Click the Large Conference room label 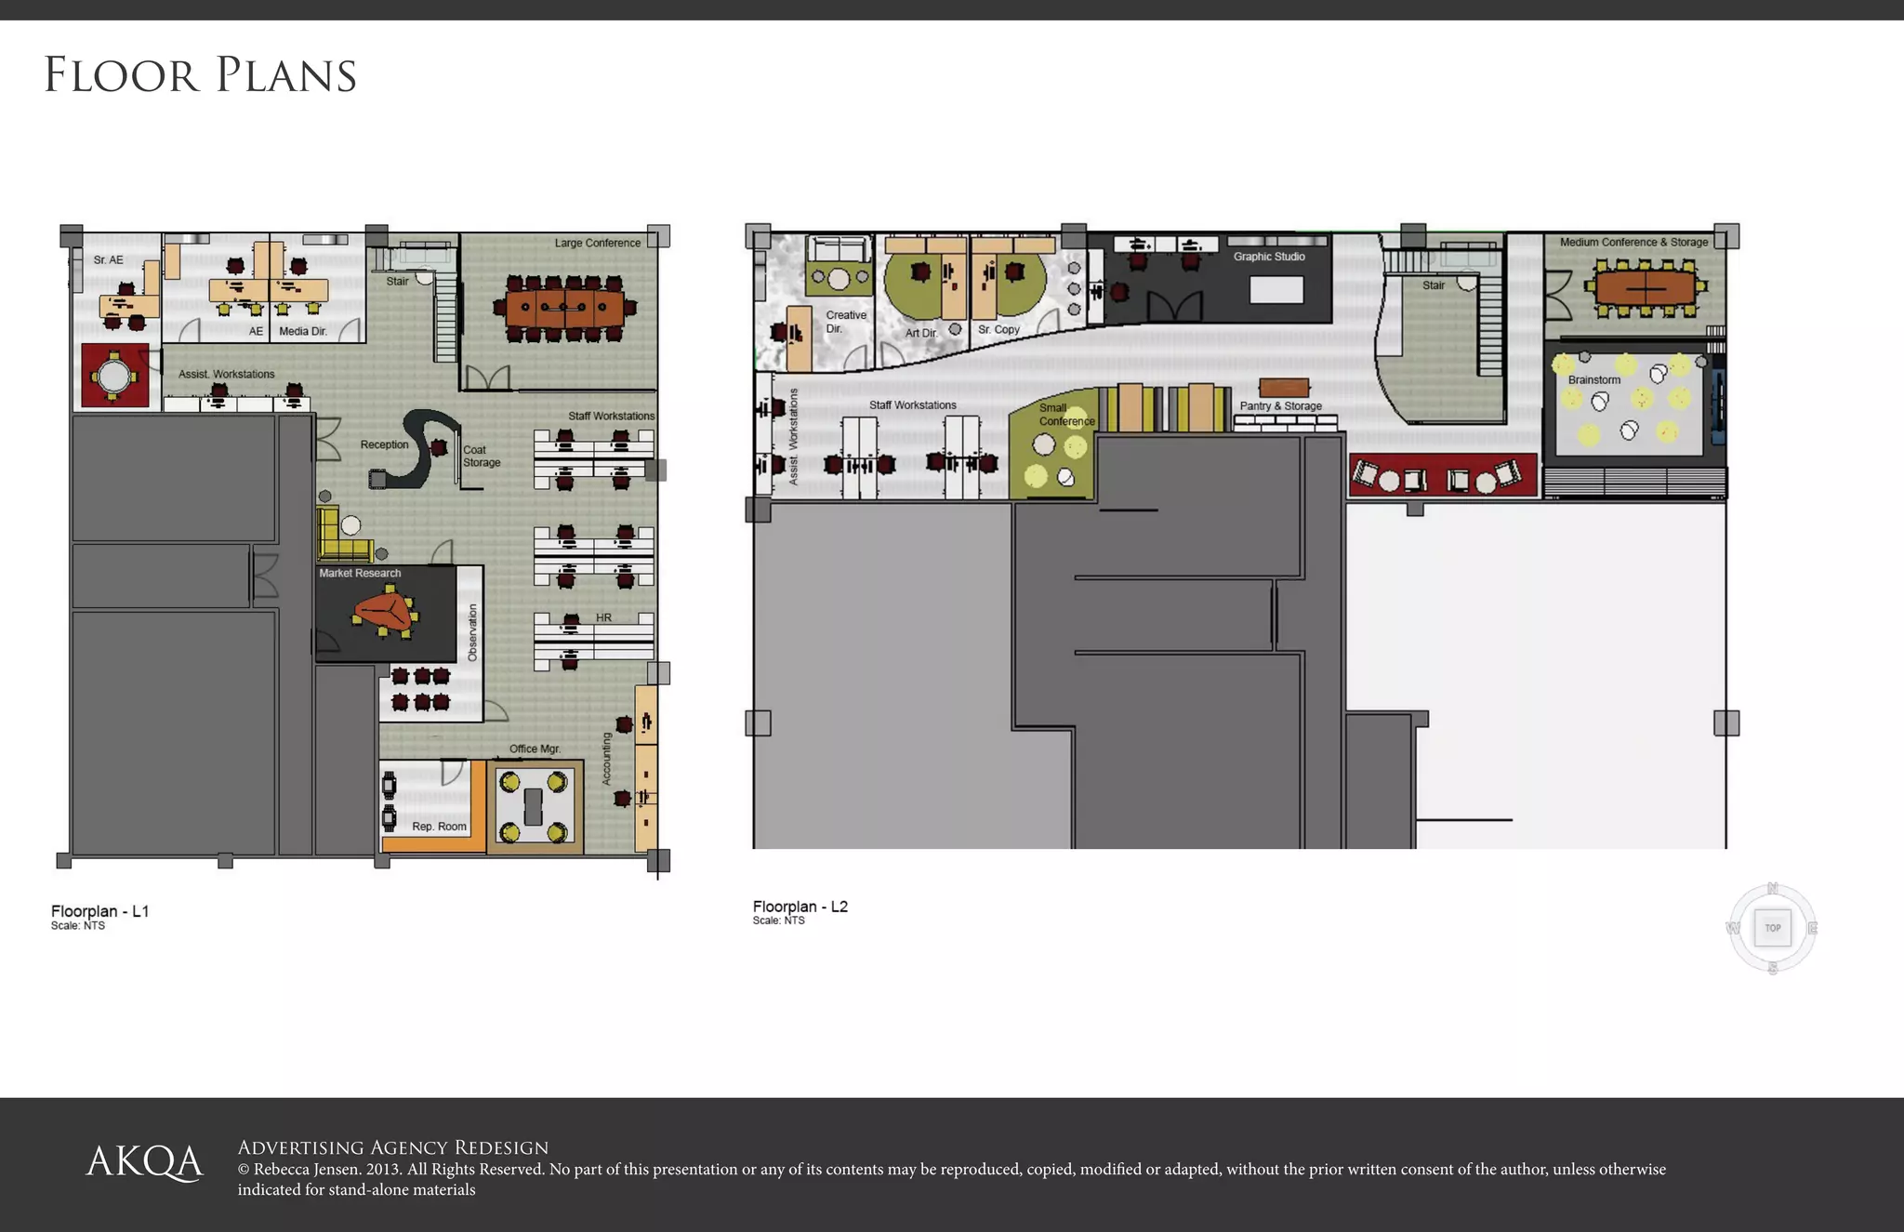click(597, 243)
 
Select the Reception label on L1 click(384, 444)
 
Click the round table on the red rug click(114, 377)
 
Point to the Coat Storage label click(481, 456)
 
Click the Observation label click(472, 633)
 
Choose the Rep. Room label click(439, 826)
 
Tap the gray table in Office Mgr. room click(533, 806)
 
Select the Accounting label click(606, 759)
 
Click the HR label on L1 click(603, 617)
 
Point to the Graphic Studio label click(1268, 257)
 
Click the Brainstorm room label click(1593, 379)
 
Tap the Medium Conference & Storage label click(1633, 242)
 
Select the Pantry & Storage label click(1280, 405)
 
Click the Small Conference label click(1065, 415)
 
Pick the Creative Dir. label click(845, 322)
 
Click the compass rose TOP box click(1772, 928)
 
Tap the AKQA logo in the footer click(144, 1162)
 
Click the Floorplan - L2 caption click(800, 907)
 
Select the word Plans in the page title click(286, 75)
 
